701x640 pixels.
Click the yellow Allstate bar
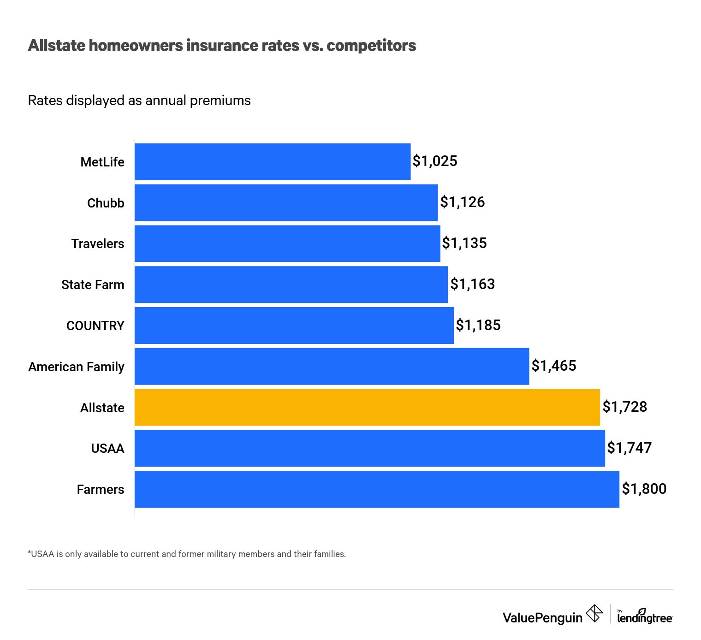pyautogui.click(x=367, y=407)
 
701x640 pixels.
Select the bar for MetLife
pyautogui.click(x=272, y=161)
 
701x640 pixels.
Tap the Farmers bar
pyautogui.click(x=377, y=489)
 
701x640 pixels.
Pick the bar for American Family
pyautogui.click(x=332, y=366)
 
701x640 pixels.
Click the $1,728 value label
pyautogui.click(x=624, y=407)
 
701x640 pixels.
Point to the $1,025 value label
pyautogui.click(x=434, y=161)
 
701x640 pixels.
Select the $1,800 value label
pyautogui.click(x=644, y=489)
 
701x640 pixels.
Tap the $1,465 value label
pyautogui.click(x=553, y=366)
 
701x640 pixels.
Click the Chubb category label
pyautogui.click(x=106, y=203)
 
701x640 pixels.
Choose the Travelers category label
pyautogui.click(x=98, y=243)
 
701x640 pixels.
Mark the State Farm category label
pyautogui.click(x=93, y=284)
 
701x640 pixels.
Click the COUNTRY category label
pyautogui.click(x=95, y=326)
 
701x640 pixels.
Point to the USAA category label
pyautogui.click(x=107, y=448)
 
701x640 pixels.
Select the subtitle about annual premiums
pyautogui.click(x=139, y=101)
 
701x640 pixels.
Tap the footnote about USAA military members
pyautogui.click(x=187, y=554)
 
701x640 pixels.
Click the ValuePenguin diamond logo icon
pyautogui.click(x=594, y=614)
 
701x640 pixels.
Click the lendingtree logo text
pyautogui.click(x=645, y=617)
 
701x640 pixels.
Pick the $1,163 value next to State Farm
pyautogui.click(x=472, y=284)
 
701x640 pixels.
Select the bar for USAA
pyautogui.click(x=369, y=448)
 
